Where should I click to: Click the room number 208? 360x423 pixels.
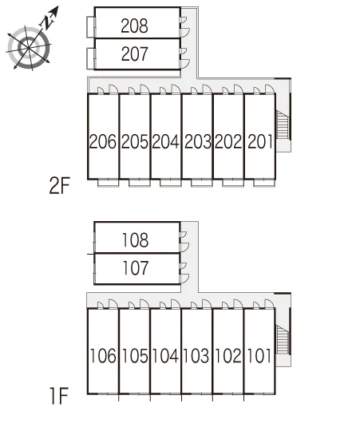click(134, 26)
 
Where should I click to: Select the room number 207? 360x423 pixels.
click(135, 53)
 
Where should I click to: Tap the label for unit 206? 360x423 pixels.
click(103, 141)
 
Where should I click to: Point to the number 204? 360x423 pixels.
click(165, 141)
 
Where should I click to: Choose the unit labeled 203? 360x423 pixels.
click(197, 141)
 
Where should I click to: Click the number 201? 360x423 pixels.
click(260, 141)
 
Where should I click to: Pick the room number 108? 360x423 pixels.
click(135, 240)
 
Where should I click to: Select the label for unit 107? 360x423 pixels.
click(136, 267)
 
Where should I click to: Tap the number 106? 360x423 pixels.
click(103, 355)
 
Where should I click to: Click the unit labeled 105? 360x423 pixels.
click(135, 355)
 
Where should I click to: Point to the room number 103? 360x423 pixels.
click(196, 355)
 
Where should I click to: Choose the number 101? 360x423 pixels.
click(259, 355)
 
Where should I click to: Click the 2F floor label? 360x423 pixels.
click(60, 185)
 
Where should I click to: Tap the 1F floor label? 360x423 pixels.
click(59, 396)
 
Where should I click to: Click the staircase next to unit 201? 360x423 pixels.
click(283, 125)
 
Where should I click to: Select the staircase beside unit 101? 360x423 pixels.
click(283, 339)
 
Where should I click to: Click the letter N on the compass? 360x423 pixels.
click(48, 22)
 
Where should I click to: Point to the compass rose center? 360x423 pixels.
click(29, 48)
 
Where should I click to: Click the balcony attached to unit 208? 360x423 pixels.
click(91, 27)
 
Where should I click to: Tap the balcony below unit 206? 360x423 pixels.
click(108, 183)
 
